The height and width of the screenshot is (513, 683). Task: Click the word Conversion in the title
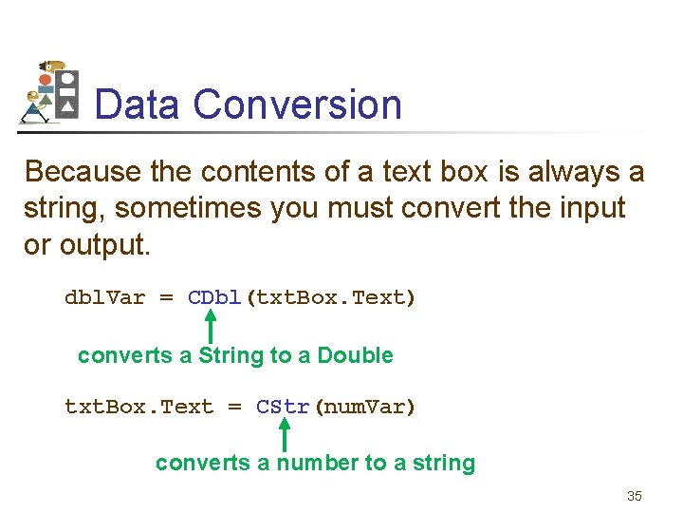click(298, 104)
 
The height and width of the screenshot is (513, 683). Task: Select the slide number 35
click(635, 496)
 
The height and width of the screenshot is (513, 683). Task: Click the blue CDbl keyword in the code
click(215, 298)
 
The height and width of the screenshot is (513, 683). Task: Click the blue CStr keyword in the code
click(284, 408)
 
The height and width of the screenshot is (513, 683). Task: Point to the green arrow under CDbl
click(211, 327)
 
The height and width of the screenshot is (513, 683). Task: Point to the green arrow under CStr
click(283, 435)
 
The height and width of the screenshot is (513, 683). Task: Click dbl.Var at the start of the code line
click(104, 298)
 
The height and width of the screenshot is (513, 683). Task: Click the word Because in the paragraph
click(83, 172)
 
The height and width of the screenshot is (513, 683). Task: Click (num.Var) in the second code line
click(364, 408)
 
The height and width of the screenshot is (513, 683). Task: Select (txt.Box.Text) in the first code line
click(330, 298)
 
